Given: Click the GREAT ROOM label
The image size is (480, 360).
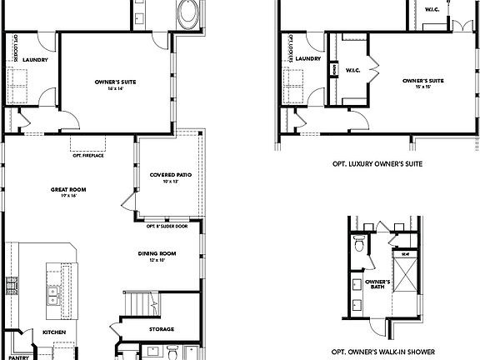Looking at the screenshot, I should (68, 189).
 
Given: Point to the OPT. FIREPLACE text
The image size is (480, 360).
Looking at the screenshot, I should (88, 155).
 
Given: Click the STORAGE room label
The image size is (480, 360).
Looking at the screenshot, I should (162, 329).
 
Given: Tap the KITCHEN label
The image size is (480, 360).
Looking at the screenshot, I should (54, 332).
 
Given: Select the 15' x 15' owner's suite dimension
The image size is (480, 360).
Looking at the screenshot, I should (417, 87).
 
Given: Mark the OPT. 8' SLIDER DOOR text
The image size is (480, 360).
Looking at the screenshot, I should (167, 226).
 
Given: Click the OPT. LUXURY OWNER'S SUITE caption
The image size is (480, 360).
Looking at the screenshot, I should (377, 164).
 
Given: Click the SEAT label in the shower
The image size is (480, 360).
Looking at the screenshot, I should (405, 255).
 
